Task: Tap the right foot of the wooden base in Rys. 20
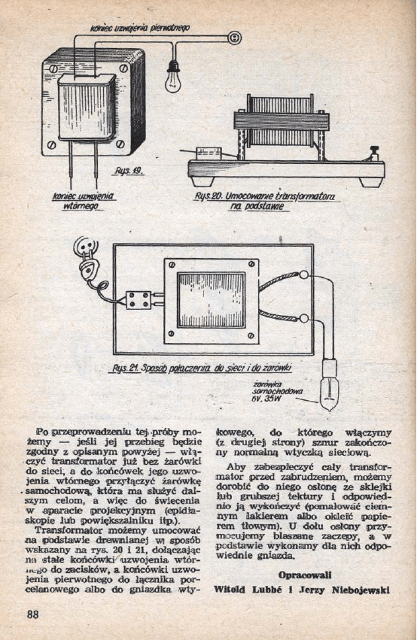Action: coord(370,181)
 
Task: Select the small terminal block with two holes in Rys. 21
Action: coord(139,300)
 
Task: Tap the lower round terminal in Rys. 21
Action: coord(304,319)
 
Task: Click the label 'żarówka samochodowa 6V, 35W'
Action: coord(278,395)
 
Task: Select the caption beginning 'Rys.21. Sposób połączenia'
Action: coord(202,369)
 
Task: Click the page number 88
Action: coord(32,614)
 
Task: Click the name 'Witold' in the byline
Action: coord(230,589)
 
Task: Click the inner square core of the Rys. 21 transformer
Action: coord(211,299)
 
